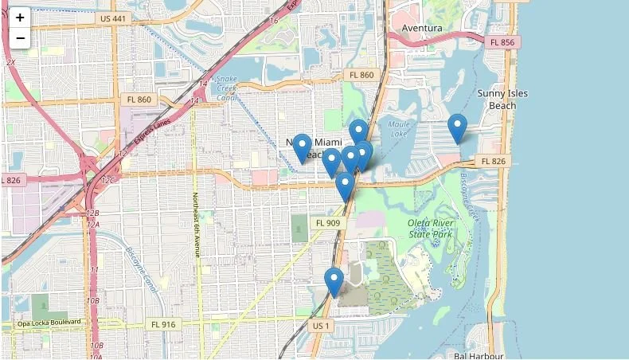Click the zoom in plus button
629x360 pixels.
tap(20, 18)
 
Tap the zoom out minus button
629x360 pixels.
tap(20, 37)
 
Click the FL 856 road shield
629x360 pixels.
tap(503, 42)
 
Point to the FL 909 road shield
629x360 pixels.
tap(328, 223)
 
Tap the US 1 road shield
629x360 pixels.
tap(320, 326)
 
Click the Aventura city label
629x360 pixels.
tap(422, 28)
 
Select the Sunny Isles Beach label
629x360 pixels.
tap(502, 99)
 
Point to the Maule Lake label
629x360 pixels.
tap(399, 129)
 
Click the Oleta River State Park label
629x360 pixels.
tap(430, 229)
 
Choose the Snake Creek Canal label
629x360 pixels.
tap(226, 88)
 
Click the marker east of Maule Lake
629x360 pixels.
tap(457, 128)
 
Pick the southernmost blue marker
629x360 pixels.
tap(334, 282)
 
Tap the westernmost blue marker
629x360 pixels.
tap(302, 147)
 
